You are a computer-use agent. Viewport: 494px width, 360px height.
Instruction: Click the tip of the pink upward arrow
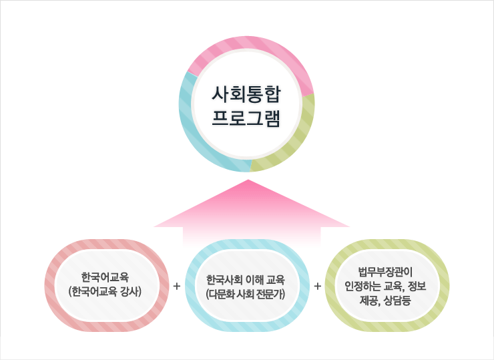pos(248,181)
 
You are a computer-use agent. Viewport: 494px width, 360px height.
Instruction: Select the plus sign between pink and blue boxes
pos(176,286)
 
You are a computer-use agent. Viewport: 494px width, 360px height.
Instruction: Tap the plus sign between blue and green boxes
pos(317,286)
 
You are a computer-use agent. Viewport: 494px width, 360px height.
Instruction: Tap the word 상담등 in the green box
pos(399,300)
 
